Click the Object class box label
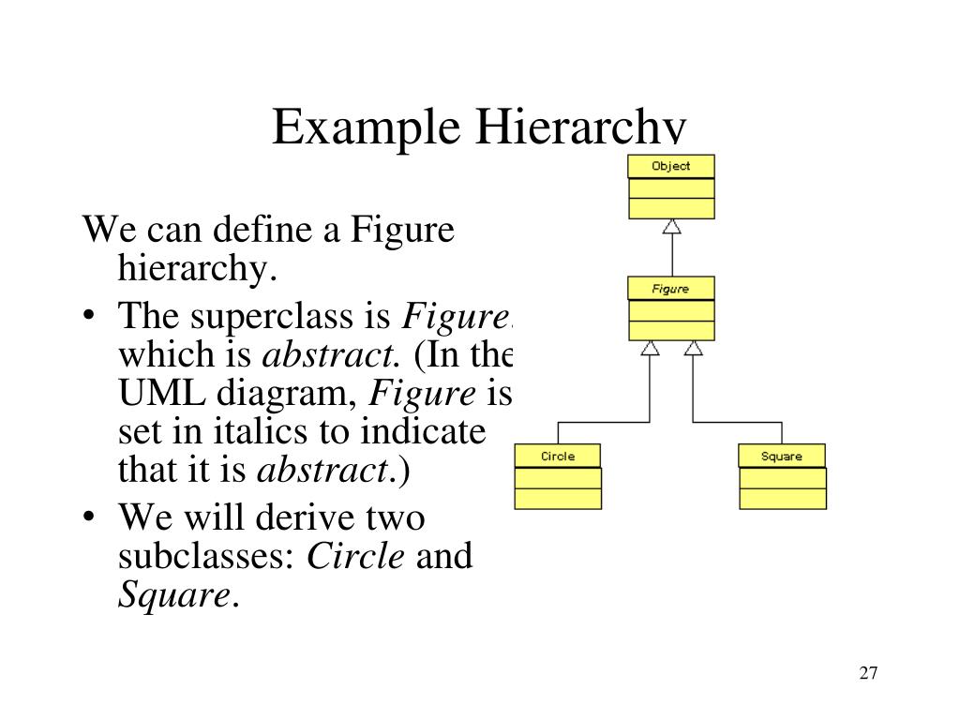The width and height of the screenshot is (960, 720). pyautogui.click(x=671, y=166)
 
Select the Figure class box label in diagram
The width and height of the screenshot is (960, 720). pyautogui.click(x=670, y=289)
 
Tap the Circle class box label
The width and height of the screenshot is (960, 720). pyautogui.click(x=558, y=457)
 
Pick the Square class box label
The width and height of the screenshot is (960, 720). pyautogui.click(x=782, y=457)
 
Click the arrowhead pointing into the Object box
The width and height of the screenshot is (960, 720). pyautogui.click(x=671, y=226)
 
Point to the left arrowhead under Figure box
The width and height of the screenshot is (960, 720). pyautogui.click(x=650, y=348)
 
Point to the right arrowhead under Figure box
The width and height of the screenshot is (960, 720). pyautogui.click(x=693, y=348)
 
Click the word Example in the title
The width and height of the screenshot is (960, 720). pyautogui.click(x=366, y=128)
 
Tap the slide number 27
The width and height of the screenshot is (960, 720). pyautogui.click(x=867, y=673)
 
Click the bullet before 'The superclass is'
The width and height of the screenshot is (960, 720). pyautogui.click(x=87, y=317)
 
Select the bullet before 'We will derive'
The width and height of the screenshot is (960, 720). pyautogui.click(x=87, y=517)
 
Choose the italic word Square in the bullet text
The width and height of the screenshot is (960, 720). pyautogui.click(x=172, y=593)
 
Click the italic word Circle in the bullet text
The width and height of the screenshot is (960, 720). pyautogui.click(x=356, y=556)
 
